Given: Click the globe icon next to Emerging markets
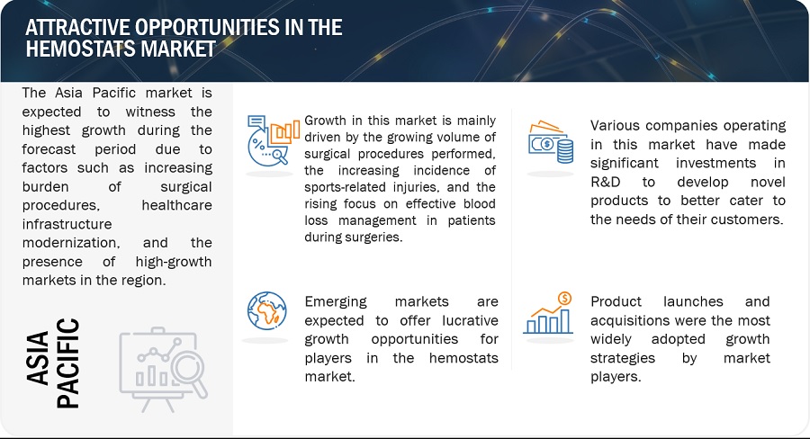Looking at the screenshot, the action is [x=266, y=311].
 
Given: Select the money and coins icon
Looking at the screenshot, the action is [x=551, y=142].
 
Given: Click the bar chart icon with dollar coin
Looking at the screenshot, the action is [x=548, y=313].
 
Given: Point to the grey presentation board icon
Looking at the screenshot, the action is [x=163, y=369].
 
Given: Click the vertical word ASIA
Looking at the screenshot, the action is [x=38, y=358].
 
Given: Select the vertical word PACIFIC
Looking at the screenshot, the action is [x=67, y=363].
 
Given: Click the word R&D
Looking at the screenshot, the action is [x=606, y=182].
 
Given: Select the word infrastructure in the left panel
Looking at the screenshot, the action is [x=67, y=224].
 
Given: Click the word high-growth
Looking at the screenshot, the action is [x=174, y=262].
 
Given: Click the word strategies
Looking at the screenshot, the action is [x=623, y=358].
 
